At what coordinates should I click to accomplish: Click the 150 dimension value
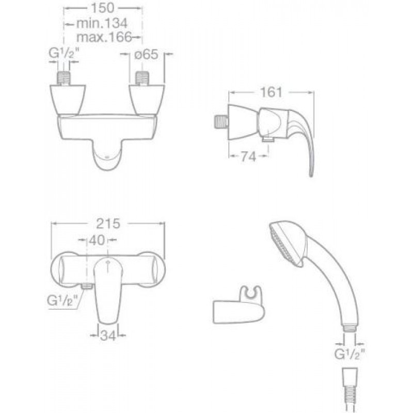click(102, 8)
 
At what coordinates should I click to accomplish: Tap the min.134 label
click(102, 23)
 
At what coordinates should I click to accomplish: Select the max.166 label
click(104, 37)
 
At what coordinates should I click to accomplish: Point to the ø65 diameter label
click(146, 54)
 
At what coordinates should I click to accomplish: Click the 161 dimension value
click(271, 92)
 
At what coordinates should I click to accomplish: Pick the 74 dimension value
click(248, 157)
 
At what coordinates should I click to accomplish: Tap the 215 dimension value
click(108, 224)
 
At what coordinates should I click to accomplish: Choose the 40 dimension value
click(97, 240)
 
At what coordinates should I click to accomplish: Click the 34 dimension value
click(108, 336)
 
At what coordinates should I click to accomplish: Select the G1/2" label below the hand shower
click(350, 354)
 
